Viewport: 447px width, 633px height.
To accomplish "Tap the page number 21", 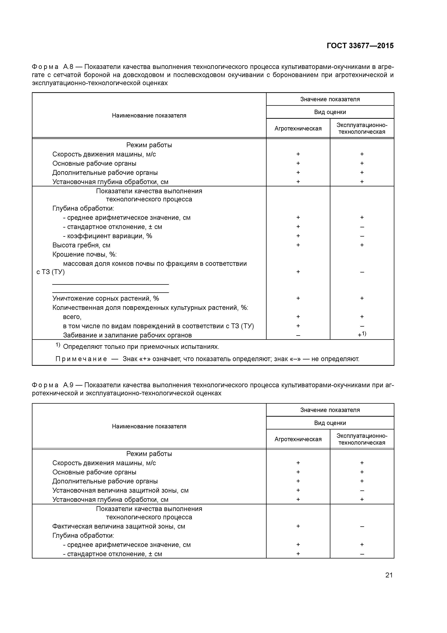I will point(389,575).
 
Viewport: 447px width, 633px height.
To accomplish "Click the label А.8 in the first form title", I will point(68,67).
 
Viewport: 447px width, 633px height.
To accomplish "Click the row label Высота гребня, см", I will point(81,245).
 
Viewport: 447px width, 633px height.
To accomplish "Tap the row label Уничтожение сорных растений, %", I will point(106,298).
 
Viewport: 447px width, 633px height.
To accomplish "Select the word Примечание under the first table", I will point(81,359).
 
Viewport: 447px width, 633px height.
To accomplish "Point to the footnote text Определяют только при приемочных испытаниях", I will point(141,347).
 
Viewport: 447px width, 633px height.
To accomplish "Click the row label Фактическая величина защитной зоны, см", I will point(119,526).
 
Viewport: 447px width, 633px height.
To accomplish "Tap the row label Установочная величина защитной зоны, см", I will point(120,490).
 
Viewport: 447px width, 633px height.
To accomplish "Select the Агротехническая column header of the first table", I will point(298,128).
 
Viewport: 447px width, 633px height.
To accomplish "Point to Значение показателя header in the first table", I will point(330,99).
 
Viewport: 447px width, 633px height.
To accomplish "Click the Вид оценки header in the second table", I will point(330,423).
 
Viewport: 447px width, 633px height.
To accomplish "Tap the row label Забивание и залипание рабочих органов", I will point(127,335).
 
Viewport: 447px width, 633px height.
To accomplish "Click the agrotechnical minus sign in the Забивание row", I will point(298,335).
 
